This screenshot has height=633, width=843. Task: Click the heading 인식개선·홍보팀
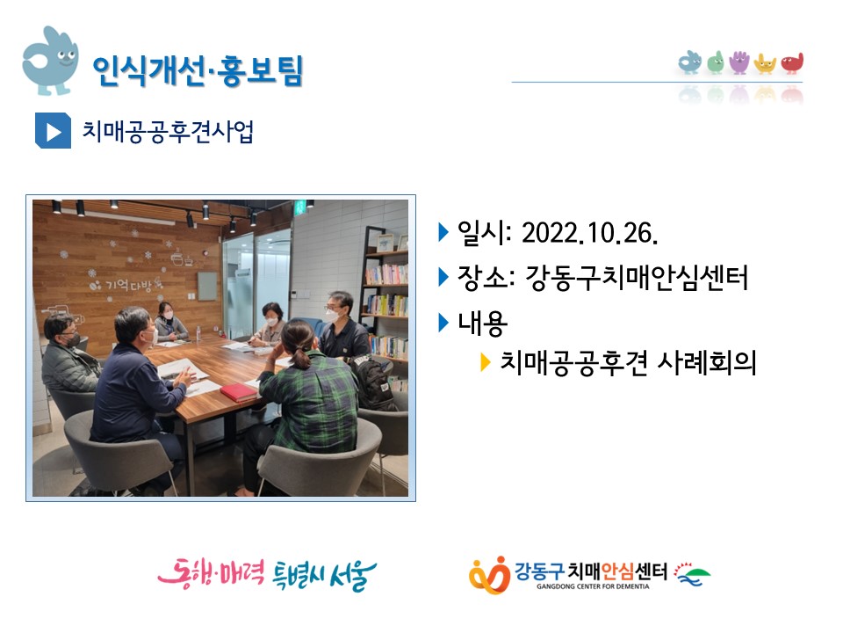coord(198,70)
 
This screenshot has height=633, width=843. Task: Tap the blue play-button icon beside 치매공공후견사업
coord(53,131)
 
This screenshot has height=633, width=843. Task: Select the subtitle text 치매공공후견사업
coord(168,131)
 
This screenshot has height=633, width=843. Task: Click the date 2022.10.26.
coord(589,233)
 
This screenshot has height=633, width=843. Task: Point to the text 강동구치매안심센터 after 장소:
coord(636,278)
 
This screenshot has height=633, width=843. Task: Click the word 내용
coord(482,323)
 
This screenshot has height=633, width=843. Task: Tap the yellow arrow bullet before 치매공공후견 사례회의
coord(485,362)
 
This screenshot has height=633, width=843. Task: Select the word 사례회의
coord(706,362)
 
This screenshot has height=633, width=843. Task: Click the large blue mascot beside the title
coord(51,61)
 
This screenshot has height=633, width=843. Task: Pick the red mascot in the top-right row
coord(792,63)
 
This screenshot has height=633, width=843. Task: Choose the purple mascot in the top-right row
coord(739,62)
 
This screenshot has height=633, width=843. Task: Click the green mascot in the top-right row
coord(715,62)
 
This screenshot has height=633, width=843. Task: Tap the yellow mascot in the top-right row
coord(765,63)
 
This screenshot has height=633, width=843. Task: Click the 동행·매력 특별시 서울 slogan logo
coord(267,574)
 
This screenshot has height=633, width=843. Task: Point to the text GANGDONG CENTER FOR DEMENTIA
coord(593,586)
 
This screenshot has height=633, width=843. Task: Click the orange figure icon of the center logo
coord(489,575)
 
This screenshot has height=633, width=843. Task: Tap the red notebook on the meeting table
coord(239,392)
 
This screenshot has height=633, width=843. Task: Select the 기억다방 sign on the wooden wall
coord(126,284)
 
